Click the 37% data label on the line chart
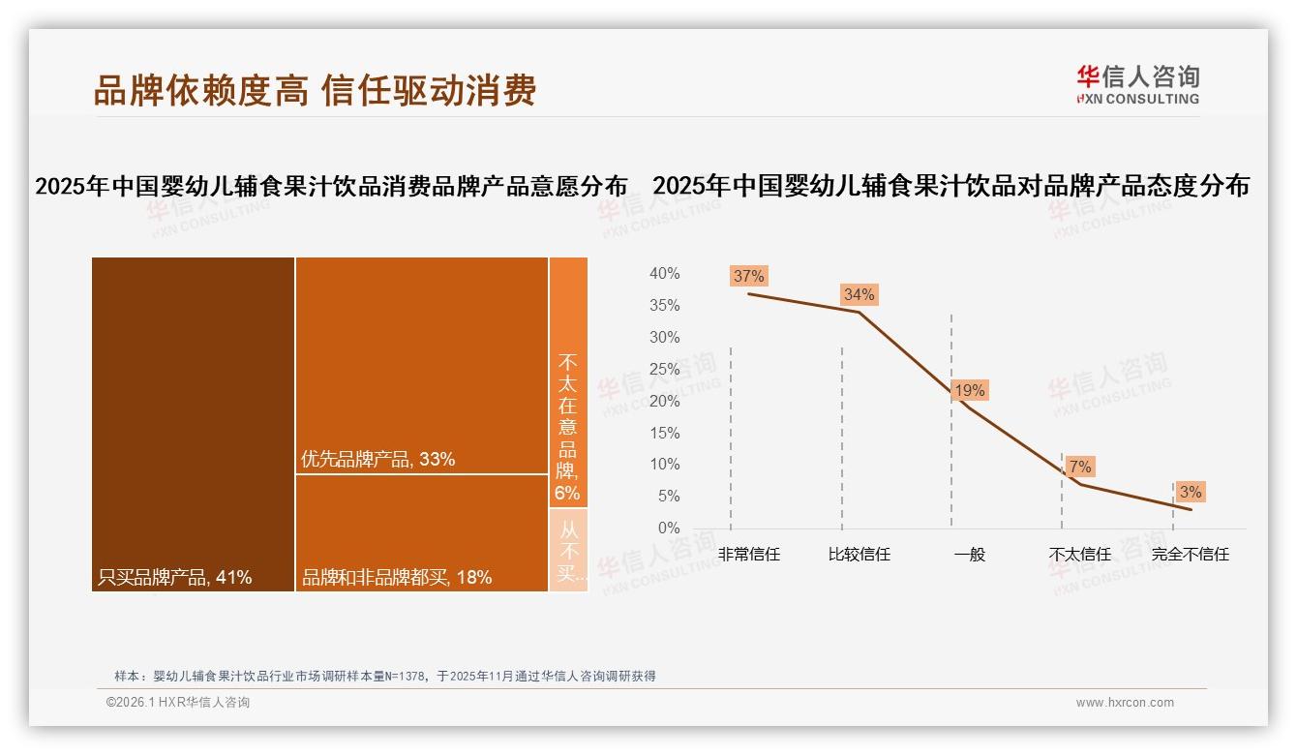(x=748, y=276)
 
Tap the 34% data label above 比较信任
(x=859, y=294)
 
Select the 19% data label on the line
(x=969, y=391)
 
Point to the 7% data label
(x=1080, y=467)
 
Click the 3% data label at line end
(x=1190, y=492)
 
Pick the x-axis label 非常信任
(x=748, y=555)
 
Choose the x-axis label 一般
(x=969, y=555)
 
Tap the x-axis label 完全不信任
(x=1190, y=555)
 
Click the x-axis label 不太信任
(x=1079, y=555)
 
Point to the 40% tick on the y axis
(x=664, y=274)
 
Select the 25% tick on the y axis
(x=664, y=369)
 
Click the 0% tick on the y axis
(x=668, y=528)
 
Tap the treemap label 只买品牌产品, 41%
(x=174, y=578)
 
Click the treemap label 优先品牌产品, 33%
(x=377, y=459)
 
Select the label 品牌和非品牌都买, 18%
(x=397, y=578)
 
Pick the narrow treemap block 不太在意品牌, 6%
(x=567, y=426)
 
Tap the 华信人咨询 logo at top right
(x=1137, y=84)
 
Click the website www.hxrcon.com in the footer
(x=1125, y=703)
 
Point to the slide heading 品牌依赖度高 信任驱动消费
(x=315, y=90)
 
